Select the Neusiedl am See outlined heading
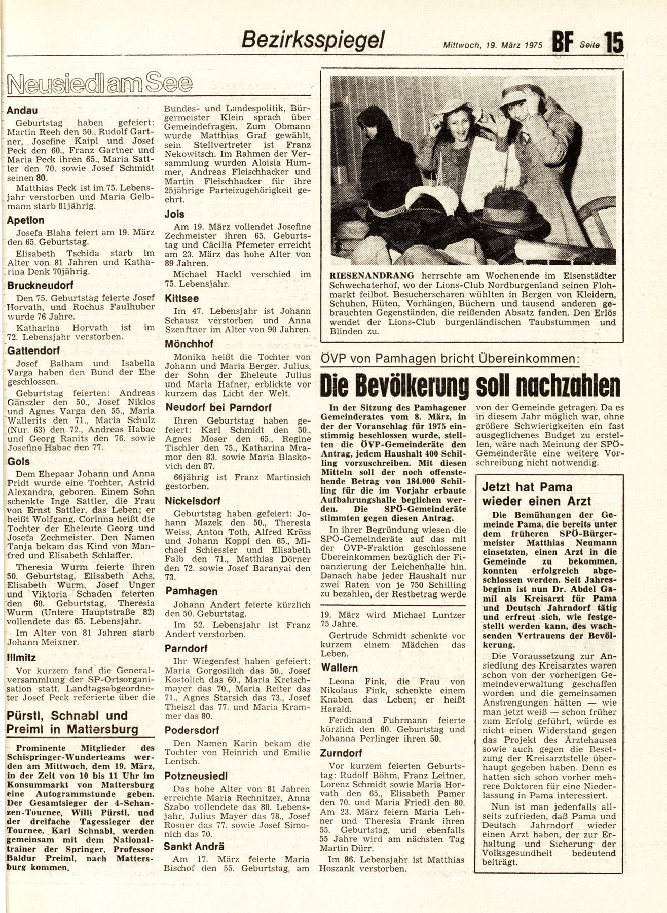tap(100, 83)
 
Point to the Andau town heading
tap(22, 110)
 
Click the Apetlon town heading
tap(25, 220)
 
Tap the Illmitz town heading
tap(21, 658)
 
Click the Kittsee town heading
tap(182, 298)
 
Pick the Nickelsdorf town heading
tap(193, 500)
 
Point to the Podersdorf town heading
tap(192, 730)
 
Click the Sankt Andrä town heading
tap(194, 846)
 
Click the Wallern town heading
tap(339, 668)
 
